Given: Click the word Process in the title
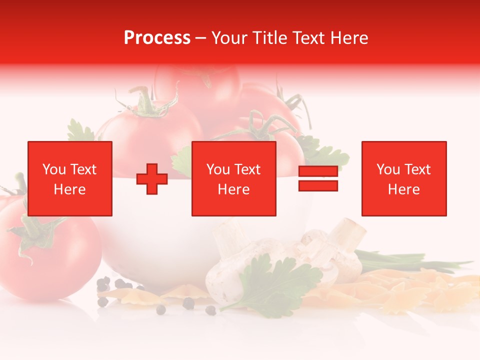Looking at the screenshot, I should coord(157,38).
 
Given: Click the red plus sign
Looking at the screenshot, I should coord(152,179).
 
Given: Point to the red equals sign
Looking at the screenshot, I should coord(318,178).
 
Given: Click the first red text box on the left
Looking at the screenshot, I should coord(69,178).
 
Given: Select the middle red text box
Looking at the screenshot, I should coord(233,178).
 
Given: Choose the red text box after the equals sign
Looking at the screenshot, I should coord(403,178).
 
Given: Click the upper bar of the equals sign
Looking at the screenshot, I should coord(318,171).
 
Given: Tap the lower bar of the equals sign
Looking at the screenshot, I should coord(318,186).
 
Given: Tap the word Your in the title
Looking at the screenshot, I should coord(230,38).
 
